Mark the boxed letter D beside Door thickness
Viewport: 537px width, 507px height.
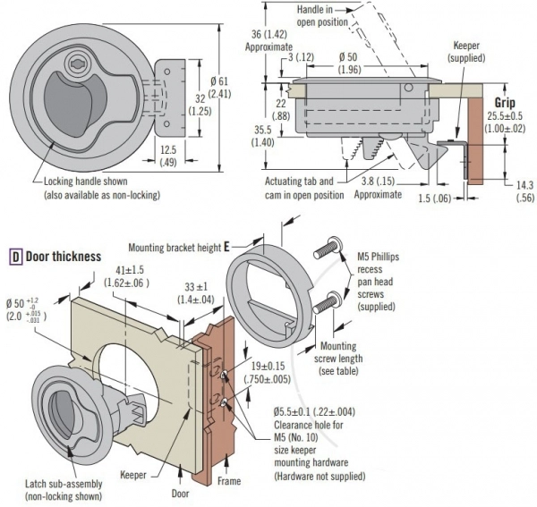pyautogui.click(x=15, y=257)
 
